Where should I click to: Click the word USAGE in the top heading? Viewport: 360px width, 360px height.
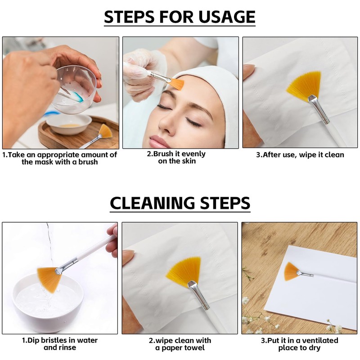pyautogui.click(x=227, y=17)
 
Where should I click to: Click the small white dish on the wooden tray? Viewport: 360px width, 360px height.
pyautogui.click(x=69, y=124)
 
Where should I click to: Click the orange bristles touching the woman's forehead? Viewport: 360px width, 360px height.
pyautogui.click(x=177, y=84)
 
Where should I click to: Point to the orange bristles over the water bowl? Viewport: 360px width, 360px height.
pyautogui.click(x=49, y=279)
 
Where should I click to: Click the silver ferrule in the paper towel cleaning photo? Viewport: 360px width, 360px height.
pyautogui.click(x=198, y=294)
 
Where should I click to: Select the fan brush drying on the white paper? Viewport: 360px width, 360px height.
pyautogui.click(x=298, y=272)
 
